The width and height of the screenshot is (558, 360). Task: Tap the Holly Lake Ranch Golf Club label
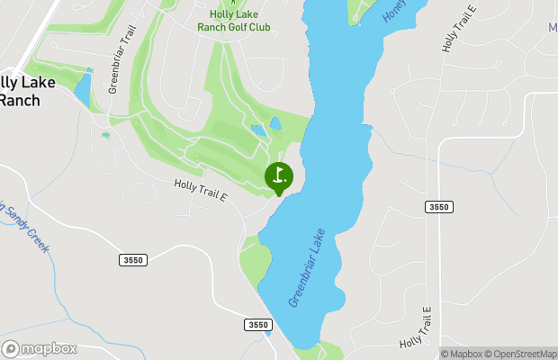click(x=233, y=21)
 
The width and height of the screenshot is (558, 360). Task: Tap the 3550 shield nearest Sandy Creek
click(x=131, y=260)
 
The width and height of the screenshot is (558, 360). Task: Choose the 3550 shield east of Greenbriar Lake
click(x=438, y=207)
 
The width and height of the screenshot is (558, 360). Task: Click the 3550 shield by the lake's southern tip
click(x=256, y=325)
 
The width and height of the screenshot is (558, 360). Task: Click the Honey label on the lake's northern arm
click(x=396, y=12)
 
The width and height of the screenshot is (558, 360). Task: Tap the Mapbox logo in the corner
click(x=40, y=348)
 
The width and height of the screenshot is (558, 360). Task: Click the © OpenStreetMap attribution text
click(x=522, y=354)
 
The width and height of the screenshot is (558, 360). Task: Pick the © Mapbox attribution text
click(x=463, y=354)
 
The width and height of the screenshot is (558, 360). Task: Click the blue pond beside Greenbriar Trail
click(x=83, y=89)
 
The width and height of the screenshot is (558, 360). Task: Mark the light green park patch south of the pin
click(x=256, y=259)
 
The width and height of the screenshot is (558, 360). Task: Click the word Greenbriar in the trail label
click(x=114, y=76)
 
